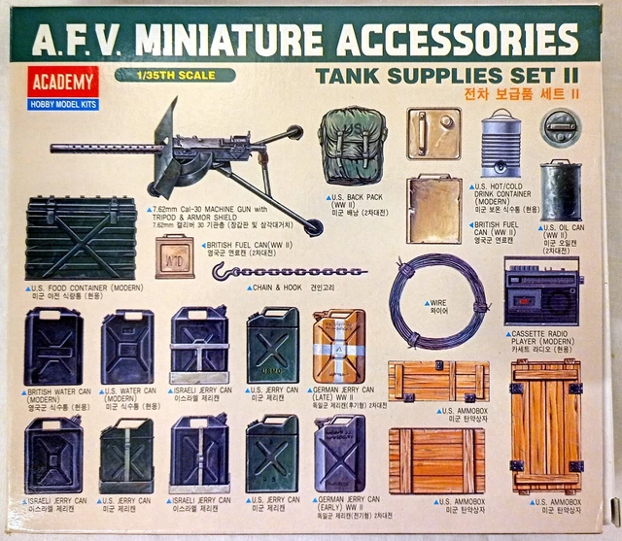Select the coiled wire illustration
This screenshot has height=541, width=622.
pos(434,300)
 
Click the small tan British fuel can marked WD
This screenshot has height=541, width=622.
pos(174,255)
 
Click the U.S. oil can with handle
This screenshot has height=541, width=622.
pos(561,189)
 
